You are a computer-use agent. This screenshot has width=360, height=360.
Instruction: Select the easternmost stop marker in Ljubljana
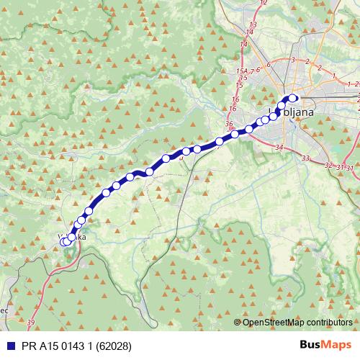(x=293, y=99)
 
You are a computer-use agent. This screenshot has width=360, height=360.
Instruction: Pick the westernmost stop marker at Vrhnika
(x=63, y=242)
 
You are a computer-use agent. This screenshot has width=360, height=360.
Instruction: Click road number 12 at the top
(x=264, y=3)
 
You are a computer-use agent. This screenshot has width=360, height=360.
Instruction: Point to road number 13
(x=251, y=25)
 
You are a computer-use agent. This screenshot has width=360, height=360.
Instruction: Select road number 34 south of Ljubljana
(x=279, y=148)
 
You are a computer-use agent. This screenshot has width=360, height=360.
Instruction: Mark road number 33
(x=306, y=158)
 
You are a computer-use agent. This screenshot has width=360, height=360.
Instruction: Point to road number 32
(x=329, y=166)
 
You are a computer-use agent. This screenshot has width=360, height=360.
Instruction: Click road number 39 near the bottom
(x=30, y=323)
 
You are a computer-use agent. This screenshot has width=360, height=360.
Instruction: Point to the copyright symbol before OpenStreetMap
(x=238, y=322)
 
